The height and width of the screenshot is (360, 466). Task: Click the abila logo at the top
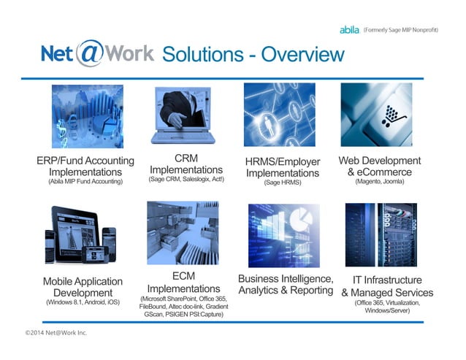click(349, 30)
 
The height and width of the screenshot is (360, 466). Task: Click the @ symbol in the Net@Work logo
click(88, 53)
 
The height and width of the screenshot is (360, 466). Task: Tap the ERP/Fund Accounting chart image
click(87, 116)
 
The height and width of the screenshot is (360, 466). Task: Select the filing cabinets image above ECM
click(183, 234)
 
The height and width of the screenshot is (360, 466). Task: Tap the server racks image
click(381, 234)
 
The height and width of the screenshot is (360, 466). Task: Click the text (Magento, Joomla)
click(379, 181)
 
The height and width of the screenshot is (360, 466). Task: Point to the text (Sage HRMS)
click(283, 183)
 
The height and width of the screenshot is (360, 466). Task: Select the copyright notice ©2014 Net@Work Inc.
click(56, 333)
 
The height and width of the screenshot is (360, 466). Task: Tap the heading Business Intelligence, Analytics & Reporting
click(286, 285)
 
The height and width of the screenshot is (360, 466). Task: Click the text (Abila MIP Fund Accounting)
click(86, 181)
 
